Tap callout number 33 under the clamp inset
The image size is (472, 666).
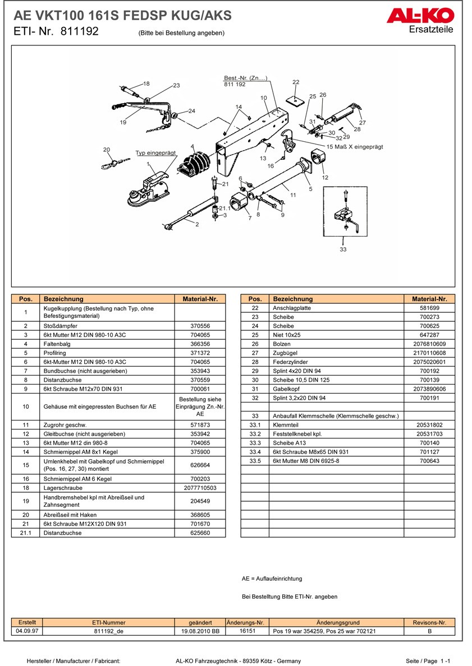pyautogui.click(x=343, y=249)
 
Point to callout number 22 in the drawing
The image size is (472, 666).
pyautogui.click(x=296, y=82)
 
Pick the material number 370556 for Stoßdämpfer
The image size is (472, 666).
pyautogui.click(x=200, y=326)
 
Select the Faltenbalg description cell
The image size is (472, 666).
pyautogui.click(x=107, y=344)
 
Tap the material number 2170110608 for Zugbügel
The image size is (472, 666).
pyautogui.click(x=429, y=353)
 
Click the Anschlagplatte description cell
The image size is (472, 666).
pyautogui.click(x=337, y=308)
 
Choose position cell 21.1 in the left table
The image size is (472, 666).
pyautogui.click(x=26, y=533)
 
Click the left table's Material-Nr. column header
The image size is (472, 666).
pyautogui.click(x=200, y=299)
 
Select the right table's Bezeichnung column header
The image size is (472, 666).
pyautogui.click(x=337, y=299)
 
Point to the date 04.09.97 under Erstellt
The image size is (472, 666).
pyautogui.click(x=28, y=631)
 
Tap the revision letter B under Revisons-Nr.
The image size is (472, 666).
pyautogui.click(x=429, y=631)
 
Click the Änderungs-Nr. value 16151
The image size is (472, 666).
pyautogui.click(x=248, y=631)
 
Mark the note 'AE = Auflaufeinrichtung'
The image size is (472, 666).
pyautogui.click(x=272, y=579)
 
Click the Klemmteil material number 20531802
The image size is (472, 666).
pyautogui.click(x=429, y=425)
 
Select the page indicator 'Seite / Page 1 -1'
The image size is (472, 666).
pyautogui.click(x=428, y=661)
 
